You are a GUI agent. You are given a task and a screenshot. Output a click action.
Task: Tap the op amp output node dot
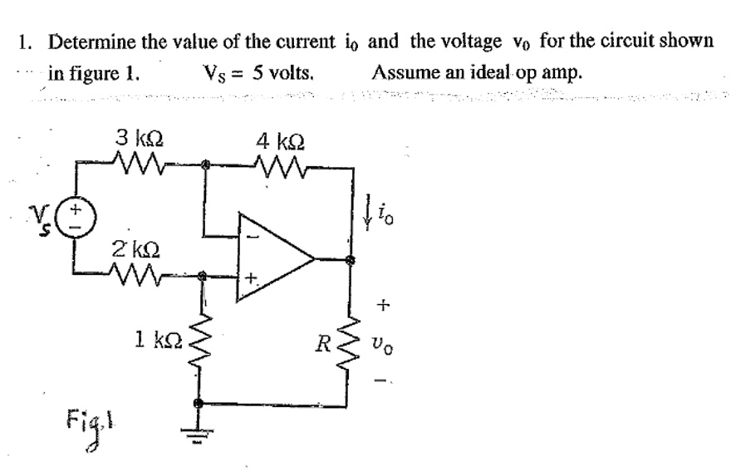pyautogui.click(x=351, y=260)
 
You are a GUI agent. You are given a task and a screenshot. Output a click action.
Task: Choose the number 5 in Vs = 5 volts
pyautogui.click(x=258, y=72)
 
